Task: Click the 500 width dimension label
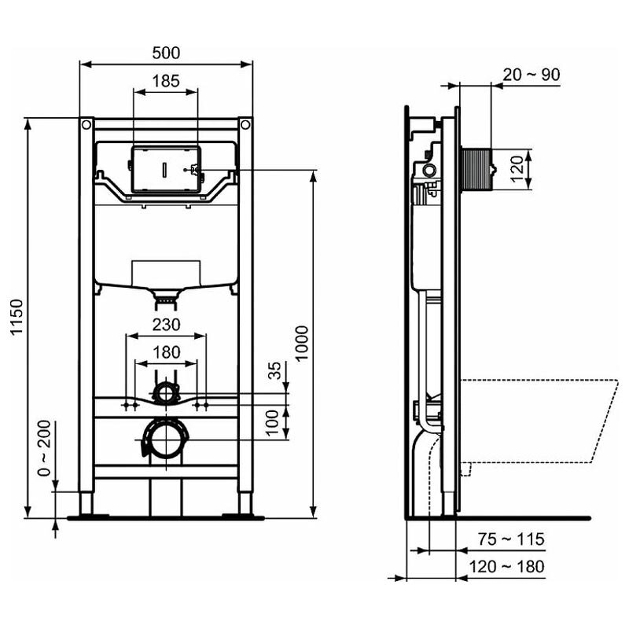tap(166, 53)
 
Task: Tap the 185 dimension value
tap(166, 82)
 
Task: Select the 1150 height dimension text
tap(17, 318)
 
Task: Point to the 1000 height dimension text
tap(302, 344)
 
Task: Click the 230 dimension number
tap(166, 325)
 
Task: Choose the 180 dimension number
tap(166, 352)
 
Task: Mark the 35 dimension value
tap(274, 370)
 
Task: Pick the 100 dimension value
tap(272, 423)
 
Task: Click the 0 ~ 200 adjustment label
tap(44, 448)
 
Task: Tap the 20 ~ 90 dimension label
tap(532, 75)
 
